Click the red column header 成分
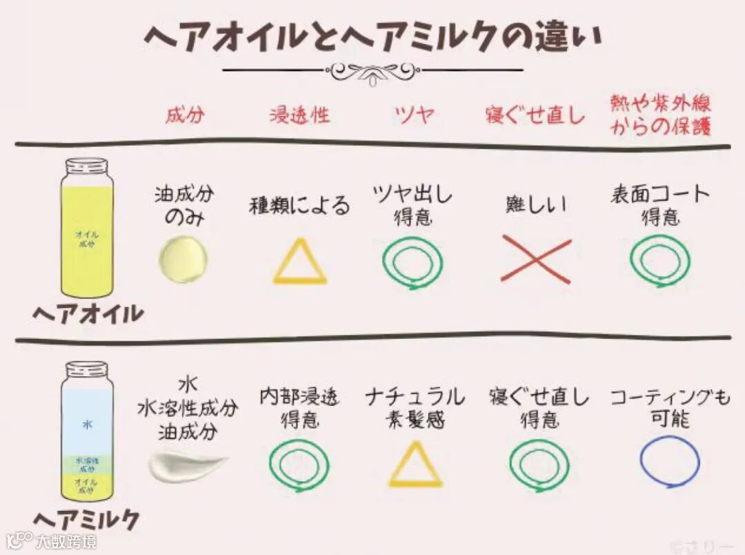185,115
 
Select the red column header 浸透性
299,115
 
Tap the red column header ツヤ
415,115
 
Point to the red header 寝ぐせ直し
535,115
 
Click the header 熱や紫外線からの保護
660,115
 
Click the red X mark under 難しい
536,260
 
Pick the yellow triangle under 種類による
299,262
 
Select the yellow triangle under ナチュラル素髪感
415,465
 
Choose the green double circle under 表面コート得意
660,260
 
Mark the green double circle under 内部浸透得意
299,465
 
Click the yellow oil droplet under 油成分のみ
183,260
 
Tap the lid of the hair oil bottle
87,166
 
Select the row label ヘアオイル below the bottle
88,314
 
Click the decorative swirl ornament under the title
372,70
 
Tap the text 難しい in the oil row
535,204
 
